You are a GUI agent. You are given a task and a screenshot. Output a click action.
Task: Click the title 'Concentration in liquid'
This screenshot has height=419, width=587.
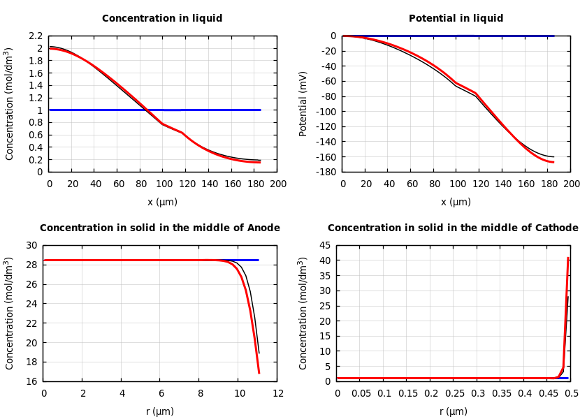point(162,19)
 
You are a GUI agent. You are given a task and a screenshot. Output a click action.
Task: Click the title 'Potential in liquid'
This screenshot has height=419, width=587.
point(456,19)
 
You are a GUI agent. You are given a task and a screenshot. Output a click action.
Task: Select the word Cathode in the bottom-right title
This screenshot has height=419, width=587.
point(556,228)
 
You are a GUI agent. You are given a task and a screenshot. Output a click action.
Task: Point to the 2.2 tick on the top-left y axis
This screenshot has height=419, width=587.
point(35,36)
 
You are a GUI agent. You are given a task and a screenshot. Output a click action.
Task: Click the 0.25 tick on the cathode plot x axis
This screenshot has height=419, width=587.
point(454,394)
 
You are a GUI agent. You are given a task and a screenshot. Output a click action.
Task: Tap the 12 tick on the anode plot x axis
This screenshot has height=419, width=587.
point(278,394)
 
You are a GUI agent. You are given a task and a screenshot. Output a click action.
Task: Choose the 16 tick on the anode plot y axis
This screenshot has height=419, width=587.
point(31,381)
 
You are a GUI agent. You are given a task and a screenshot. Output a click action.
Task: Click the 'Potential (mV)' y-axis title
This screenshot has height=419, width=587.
point(303,103)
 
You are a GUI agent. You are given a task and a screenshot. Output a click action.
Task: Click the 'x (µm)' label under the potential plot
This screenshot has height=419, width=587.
point(456,203)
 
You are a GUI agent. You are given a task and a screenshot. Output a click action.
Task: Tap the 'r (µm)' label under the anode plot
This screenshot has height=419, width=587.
point(160,412)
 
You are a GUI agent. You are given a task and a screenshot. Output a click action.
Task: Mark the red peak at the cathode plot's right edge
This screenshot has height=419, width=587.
point(567,258)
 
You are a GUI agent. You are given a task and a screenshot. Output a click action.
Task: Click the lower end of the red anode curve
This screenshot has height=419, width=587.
point(259,372)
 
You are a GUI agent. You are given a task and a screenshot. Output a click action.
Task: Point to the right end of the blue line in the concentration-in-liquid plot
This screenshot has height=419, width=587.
point(260,110)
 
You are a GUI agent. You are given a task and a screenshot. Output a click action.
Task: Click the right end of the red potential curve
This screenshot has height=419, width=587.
point(553,162)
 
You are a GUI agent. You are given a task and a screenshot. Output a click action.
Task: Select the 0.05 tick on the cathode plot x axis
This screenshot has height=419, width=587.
point(361,394)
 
